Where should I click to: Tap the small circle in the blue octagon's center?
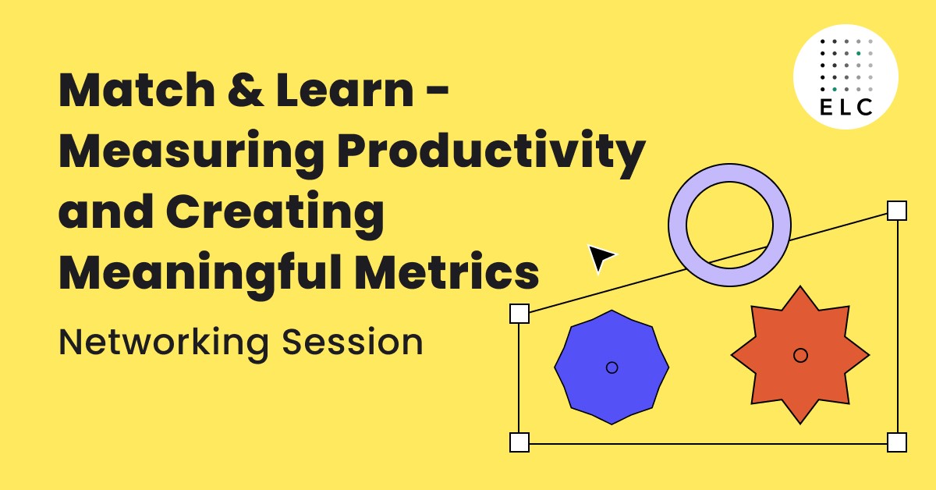click(612, 367)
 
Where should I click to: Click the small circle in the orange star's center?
click(800, 355)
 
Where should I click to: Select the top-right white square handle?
click(897, 211)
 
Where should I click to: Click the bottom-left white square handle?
click(519, 442)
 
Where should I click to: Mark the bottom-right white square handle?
click(897, 442)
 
